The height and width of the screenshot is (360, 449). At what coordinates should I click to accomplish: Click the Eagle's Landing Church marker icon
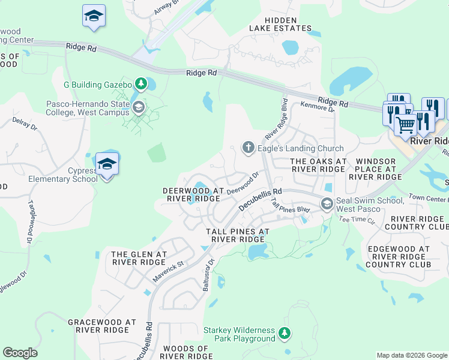pos(248,148)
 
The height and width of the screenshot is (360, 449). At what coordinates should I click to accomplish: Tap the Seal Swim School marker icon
pos(327,204)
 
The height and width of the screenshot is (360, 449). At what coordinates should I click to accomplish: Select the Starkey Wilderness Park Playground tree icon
pos(285,333)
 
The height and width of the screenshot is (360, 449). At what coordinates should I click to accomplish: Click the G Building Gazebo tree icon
pos(140,84)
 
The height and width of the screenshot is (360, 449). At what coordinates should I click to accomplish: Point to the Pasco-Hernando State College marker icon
pos(139,108)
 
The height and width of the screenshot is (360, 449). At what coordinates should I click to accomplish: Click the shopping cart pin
pos(406,125)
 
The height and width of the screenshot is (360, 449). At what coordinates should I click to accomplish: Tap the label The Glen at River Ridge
pos(139,259)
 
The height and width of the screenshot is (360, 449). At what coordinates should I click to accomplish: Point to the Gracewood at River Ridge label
pos(98,326)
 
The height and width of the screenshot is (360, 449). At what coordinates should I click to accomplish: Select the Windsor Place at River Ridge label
pos(378,169)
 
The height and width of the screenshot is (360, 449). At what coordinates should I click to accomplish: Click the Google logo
pos(20,353)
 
